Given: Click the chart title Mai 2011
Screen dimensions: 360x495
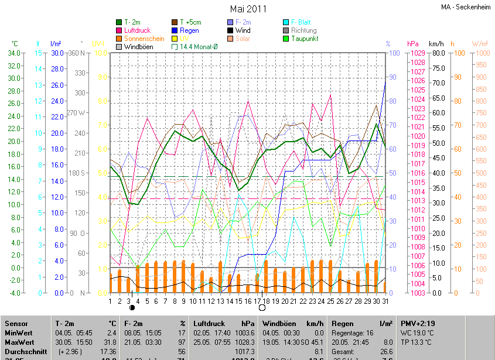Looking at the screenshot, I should coord(248,9).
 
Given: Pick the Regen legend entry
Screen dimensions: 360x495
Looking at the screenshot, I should coord(189,30).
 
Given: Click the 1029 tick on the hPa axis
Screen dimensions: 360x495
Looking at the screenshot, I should coord(417,53).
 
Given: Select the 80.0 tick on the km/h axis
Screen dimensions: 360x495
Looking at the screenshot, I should coord(438,53).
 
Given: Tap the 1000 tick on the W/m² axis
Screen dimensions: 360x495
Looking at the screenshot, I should coord(480,53).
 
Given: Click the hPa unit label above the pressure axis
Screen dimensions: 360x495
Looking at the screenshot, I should coord(412,44).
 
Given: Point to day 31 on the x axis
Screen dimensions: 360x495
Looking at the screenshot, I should coord(384,301).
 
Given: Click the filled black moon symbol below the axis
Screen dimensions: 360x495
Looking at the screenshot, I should coord(132,307).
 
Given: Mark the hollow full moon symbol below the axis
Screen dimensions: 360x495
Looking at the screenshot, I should coord(262,307).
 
